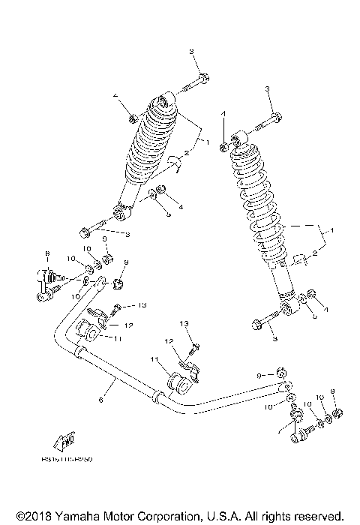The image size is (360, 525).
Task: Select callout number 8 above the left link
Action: (46, 253)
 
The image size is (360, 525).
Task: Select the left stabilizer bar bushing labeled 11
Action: (88, 331)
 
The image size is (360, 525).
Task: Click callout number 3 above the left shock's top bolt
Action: (191, 50)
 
